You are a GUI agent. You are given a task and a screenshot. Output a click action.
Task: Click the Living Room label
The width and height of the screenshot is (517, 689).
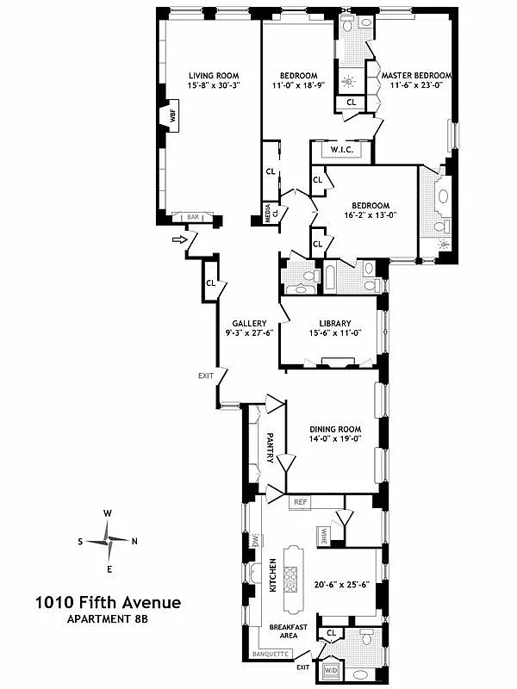[x=213, y=76]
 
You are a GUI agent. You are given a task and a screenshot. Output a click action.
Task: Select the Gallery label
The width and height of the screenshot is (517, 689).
[x=248, y=323]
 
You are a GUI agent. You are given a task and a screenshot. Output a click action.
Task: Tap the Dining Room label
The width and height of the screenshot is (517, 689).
[x=335, y=429]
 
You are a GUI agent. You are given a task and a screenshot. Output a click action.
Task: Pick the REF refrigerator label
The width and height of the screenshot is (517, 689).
[x=301, y=501]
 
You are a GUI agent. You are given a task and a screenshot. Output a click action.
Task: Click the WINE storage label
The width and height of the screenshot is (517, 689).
[x=325, y=537]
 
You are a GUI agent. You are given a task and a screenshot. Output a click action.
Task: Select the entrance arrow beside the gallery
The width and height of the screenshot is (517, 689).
[x=179, y=239]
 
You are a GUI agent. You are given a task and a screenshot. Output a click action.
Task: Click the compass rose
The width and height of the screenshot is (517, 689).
[x=109, y=541]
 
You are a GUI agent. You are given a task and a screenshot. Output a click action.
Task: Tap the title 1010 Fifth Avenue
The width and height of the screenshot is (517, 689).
[x=96, y=604]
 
